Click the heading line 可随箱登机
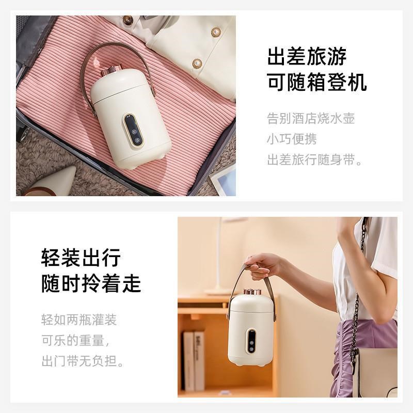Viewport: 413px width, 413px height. coord(317,82)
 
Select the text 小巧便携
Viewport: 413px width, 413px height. coord(292,139)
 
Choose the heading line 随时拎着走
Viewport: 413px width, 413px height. coord(91,283)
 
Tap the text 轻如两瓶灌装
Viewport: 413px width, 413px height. coord(79,320)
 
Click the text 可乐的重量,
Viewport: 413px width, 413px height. coord(75,340)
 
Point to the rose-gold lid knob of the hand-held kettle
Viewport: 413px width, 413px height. coord(251,292)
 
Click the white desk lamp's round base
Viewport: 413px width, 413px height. coord(217,292)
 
